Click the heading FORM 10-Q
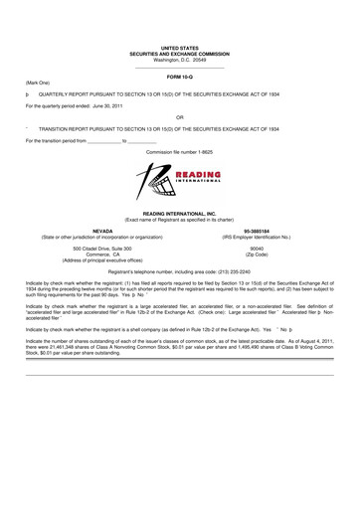point(180,77)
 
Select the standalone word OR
point(180,114)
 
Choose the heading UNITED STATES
point(180,47)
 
